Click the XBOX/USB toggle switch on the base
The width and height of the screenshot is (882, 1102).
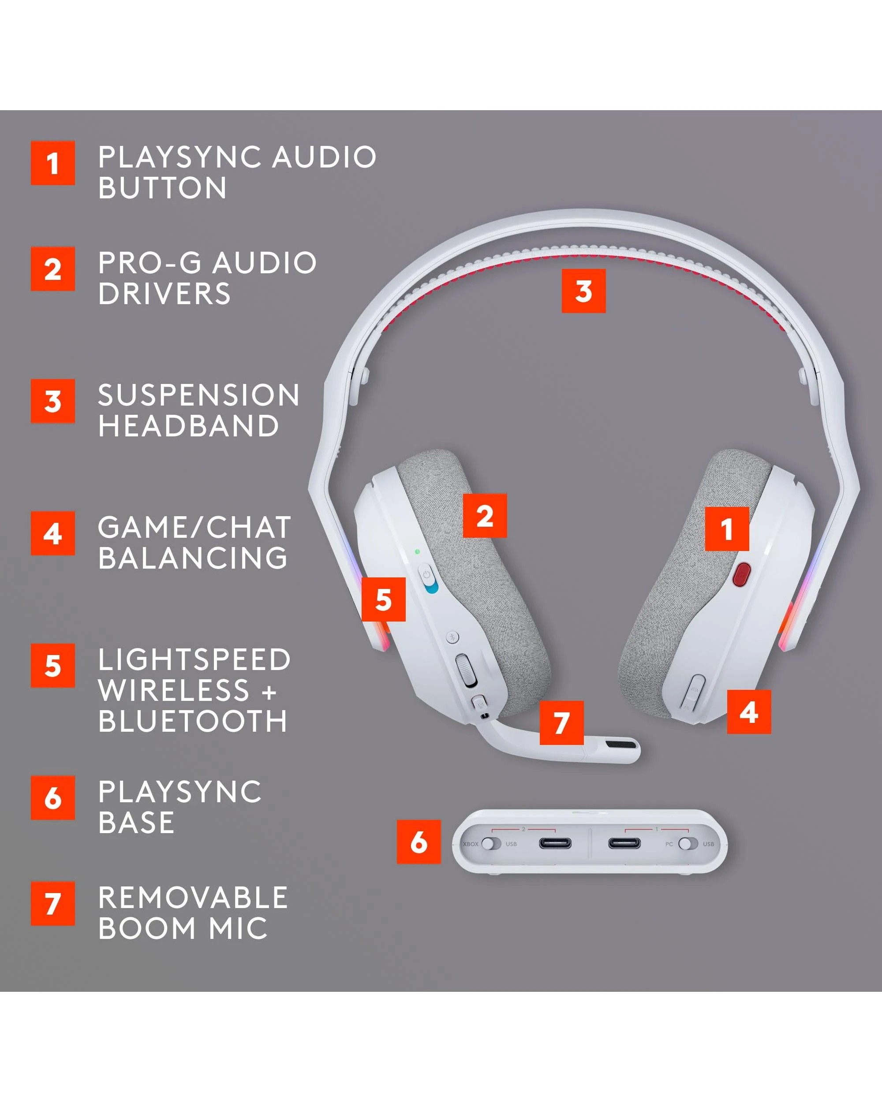[491, 843]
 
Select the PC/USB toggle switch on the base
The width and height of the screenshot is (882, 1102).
[688, 843]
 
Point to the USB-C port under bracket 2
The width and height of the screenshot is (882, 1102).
[555, 843]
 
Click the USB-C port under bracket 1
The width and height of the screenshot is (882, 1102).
[624, 843]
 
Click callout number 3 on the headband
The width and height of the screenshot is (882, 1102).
[583, 291]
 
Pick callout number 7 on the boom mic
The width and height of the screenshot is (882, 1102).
[561, 723]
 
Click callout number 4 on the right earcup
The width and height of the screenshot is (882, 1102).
[748, 712]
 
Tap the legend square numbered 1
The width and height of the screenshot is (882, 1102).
[52, 163]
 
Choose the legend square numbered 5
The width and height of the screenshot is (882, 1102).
[52, 666]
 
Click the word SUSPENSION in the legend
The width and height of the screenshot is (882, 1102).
[198, 395]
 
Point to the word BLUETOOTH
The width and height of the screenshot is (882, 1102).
[192, 721]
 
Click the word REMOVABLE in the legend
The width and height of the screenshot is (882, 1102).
[193, 898]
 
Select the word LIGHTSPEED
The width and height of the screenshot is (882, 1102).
[194, 659]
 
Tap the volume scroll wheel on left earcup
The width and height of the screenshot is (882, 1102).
[466, 670]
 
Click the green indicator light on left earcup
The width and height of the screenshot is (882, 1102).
[417, 552]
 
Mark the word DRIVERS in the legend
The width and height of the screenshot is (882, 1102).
[164, 294]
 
